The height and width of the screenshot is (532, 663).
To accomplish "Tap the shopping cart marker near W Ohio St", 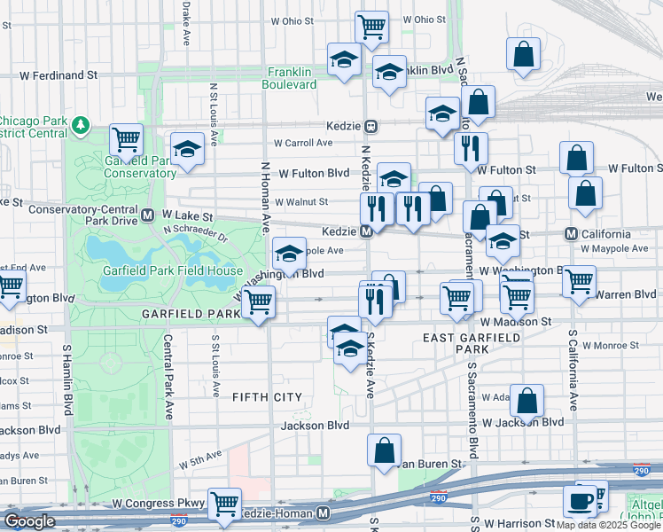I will click(x=371, y=27).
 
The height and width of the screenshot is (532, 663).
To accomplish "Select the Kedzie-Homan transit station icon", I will click(x=324, y=513).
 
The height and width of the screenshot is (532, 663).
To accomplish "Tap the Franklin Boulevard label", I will click(x=289, y=78).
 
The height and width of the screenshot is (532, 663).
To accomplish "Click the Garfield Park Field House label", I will click(x=172, y=270).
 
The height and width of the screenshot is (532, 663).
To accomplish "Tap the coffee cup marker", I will click(x=581, y=501).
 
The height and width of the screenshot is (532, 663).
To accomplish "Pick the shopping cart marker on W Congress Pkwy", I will click(x=224, y=504).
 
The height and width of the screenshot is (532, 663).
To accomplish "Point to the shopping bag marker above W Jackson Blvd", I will click(x=526, y=401).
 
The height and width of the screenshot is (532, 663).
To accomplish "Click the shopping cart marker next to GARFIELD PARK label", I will click(x=258, y=301).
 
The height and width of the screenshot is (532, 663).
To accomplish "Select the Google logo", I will click(x=29, y=521).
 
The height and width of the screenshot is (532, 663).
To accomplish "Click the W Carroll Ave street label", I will click(x=302, y=143).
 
